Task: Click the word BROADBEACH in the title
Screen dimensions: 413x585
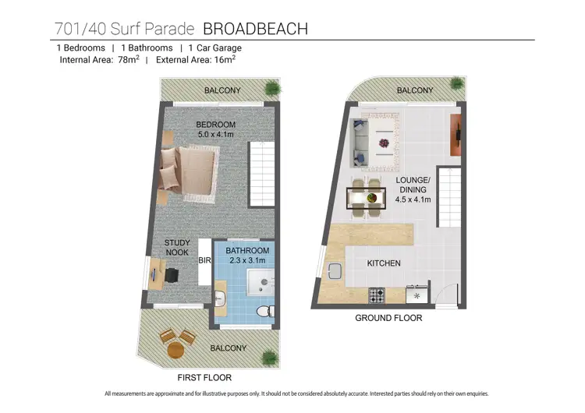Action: coord(255,29)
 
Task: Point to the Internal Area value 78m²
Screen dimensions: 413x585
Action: coord(129,59)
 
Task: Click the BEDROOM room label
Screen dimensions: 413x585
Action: coord(215,125)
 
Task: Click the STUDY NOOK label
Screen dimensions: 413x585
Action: coord(177,247)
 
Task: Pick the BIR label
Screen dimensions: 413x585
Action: coord(205,260)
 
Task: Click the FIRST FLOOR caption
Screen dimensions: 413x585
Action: coord(204,377)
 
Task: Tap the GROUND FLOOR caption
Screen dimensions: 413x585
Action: coord(388,318)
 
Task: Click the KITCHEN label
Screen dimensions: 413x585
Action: coord(384,263)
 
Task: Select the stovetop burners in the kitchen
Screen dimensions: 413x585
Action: coord(377,296)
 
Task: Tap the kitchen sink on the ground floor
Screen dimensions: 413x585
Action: coord(335,271)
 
